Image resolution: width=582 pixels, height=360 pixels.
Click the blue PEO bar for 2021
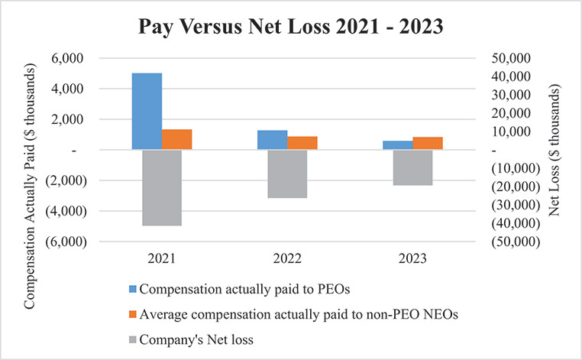point(147,112)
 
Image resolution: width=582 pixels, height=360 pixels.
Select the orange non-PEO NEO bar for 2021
point(176,140)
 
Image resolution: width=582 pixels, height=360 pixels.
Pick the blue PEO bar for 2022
point(272,141)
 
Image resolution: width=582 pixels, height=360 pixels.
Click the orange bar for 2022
point(302,143)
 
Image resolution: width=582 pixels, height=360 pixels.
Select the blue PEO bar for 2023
point(397,145)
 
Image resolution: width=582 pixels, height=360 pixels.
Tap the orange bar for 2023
point(427,144)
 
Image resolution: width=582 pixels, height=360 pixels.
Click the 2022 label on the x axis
point(286,258)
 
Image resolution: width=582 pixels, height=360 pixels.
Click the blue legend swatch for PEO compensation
point(131,288)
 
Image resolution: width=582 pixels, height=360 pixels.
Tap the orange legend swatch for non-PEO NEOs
point(131,314)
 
